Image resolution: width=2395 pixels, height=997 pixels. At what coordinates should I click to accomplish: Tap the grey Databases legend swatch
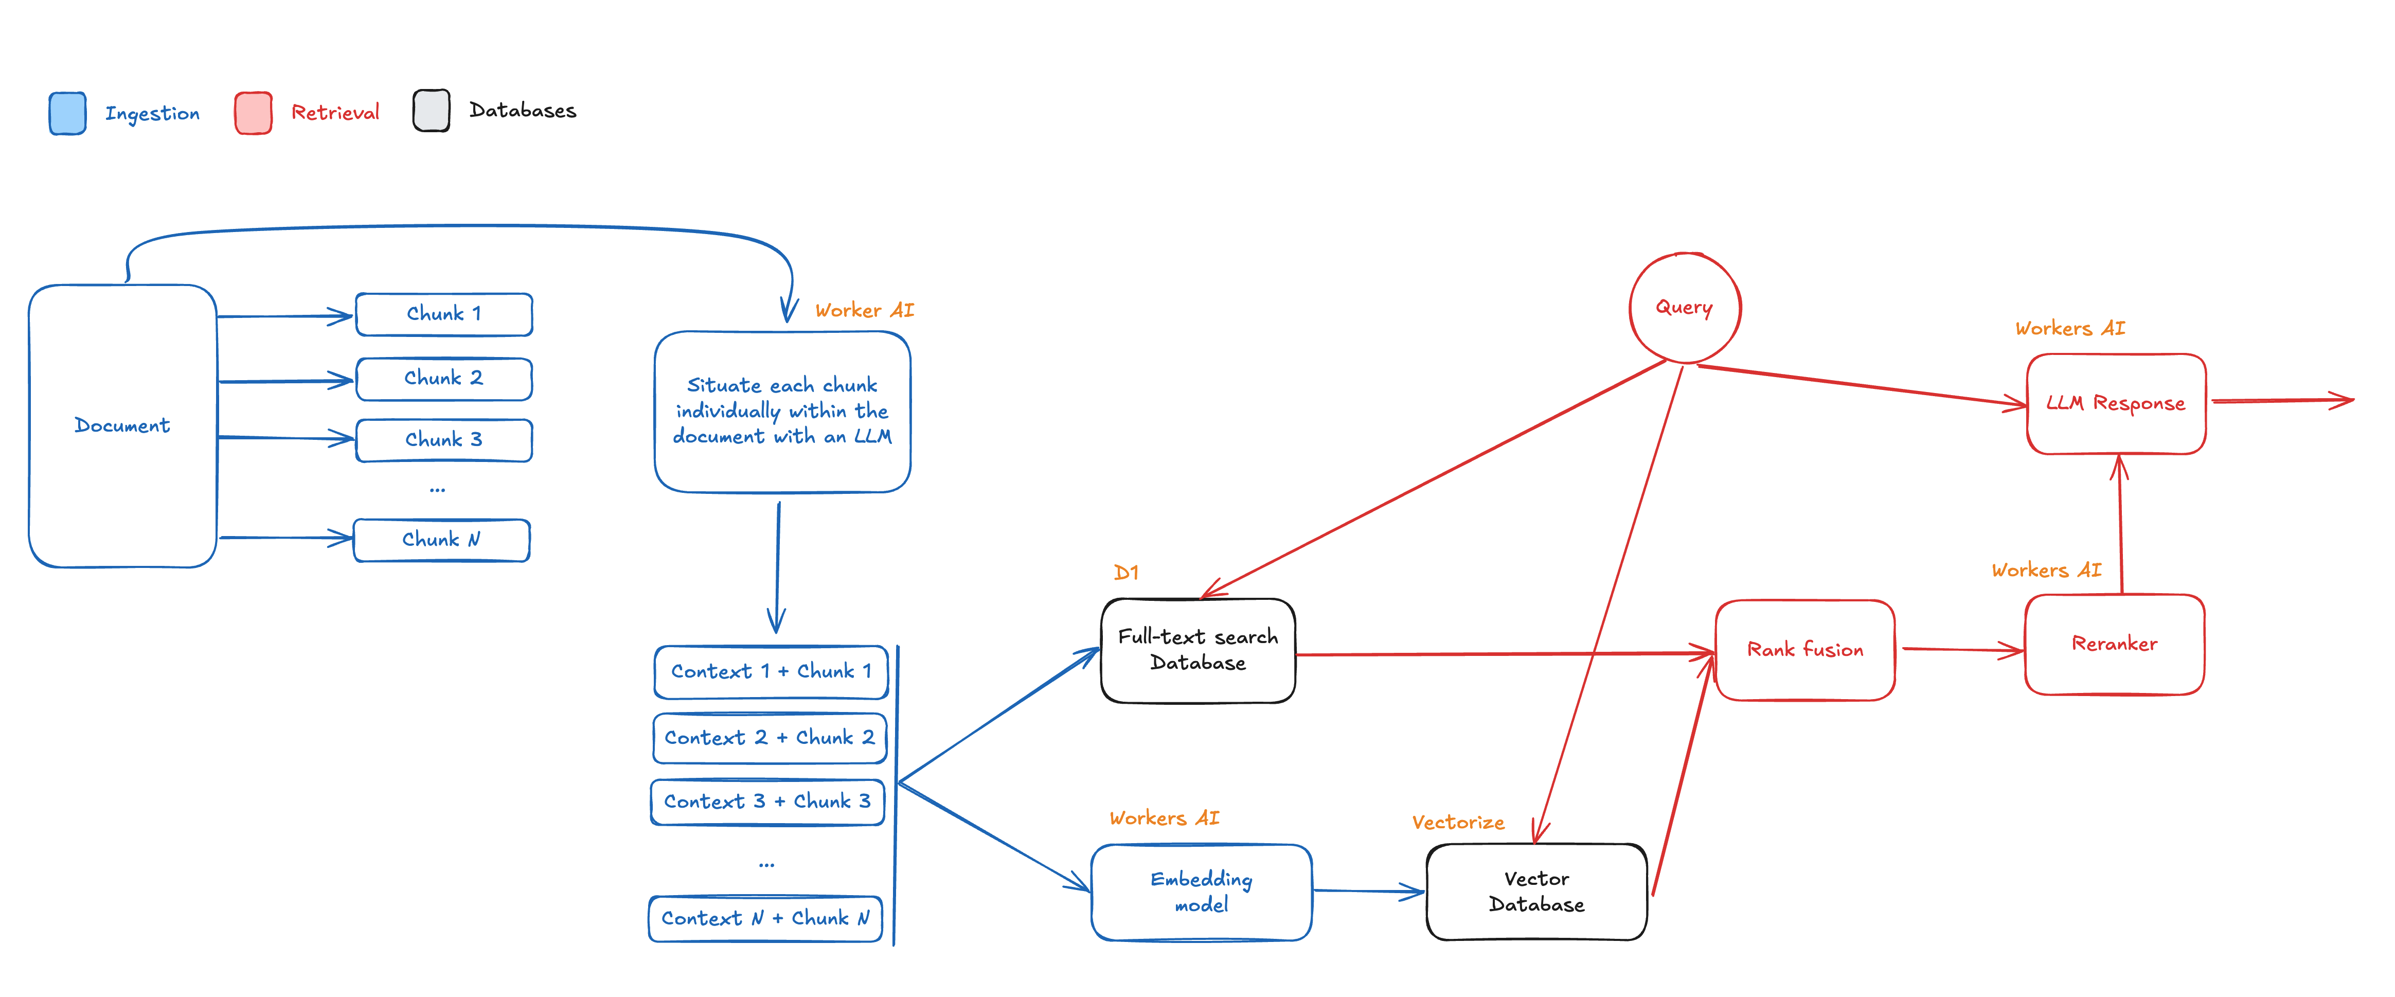pyautogui.click(x=432, y=111)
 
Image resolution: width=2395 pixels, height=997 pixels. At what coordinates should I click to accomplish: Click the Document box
pyautogui.click(x=123, y=426)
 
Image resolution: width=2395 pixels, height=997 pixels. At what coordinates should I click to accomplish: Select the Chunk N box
pyautogui.click(x=442, y=540)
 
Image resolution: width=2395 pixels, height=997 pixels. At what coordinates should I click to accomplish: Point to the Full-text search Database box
pyautogui.click(x=1197, y=650)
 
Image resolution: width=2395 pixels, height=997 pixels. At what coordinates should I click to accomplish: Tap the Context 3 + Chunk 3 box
pyautogui.click(x=767, y=802)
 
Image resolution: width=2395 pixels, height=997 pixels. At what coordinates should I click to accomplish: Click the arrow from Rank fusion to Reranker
pyautogui.click(x=1962, y=649)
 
